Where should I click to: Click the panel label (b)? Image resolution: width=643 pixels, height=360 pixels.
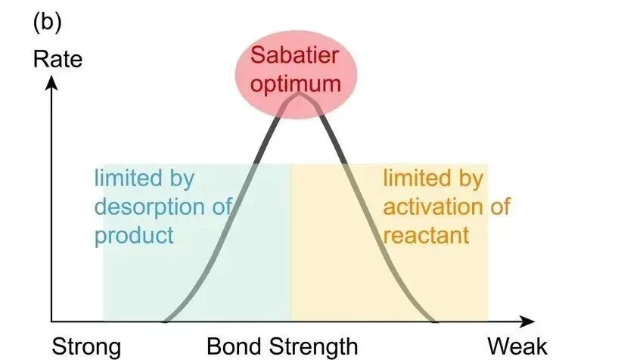point(47,22)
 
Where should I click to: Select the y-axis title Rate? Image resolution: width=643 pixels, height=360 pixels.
point(57,59)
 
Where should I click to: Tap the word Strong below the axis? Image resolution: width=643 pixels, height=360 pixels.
point(85,347)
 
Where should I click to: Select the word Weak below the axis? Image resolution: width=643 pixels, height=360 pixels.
point(517,347)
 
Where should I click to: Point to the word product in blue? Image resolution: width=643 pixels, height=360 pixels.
point(134,234)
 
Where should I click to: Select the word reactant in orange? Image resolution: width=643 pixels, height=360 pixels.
point(427,234)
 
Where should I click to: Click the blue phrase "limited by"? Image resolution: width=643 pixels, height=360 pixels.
point(144,179)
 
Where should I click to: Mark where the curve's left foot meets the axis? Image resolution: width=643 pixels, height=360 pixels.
point(164,321)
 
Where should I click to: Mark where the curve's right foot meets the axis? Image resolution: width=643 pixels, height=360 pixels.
point(434,321)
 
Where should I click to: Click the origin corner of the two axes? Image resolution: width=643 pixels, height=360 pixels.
point(51,321)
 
